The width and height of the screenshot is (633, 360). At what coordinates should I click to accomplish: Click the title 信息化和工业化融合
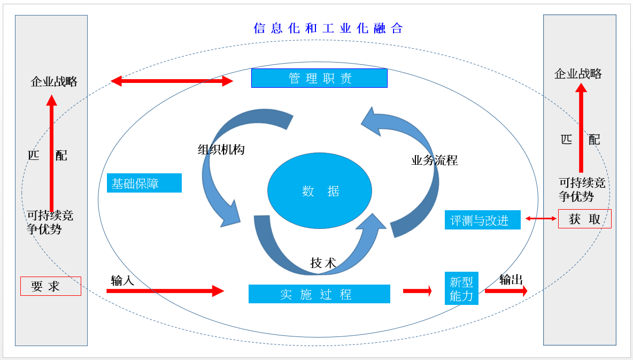coord(328,28)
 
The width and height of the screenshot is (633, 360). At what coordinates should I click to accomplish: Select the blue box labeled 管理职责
coord(319,78)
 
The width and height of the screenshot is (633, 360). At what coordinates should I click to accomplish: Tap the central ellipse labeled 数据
coord(320,191)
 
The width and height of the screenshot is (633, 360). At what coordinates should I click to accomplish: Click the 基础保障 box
coord(144,183)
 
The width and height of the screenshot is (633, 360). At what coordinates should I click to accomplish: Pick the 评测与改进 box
coord(482,220)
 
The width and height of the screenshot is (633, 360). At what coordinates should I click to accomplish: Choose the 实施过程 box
coord(319,294)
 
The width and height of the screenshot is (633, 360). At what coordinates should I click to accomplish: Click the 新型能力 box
coord(461,288)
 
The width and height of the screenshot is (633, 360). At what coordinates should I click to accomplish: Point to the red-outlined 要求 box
coord(51,286)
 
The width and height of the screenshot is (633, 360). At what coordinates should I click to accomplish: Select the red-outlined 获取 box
coord(584,219)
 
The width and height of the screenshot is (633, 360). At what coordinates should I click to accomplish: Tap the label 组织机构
coord(221,149)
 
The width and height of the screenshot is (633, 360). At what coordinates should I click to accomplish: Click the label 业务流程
coord(434,160)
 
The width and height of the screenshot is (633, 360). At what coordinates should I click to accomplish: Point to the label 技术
coord(323,263)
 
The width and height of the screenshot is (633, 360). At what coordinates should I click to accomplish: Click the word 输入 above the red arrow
coord(123,280)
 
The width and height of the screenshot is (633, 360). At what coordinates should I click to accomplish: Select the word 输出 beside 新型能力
coord(511,279)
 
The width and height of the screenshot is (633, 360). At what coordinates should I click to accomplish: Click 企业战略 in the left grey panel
coord(54,82)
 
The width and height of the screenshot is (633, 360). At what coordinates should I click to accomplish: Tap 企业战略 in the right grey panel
coord(578,73)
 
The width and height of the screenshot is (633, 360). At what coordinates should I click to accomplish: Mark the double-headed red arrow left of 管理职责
coord(172,81)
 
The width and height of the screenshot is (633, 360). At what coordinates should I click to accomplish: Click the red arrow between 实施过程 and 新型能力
coord(418,290)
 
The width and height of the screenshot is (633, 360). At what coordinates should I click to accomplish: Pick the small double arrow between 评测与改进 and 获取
coord(541,219)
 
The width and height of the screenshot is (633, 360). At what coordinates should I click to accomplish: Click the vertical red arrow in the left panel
coord(51,153)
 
